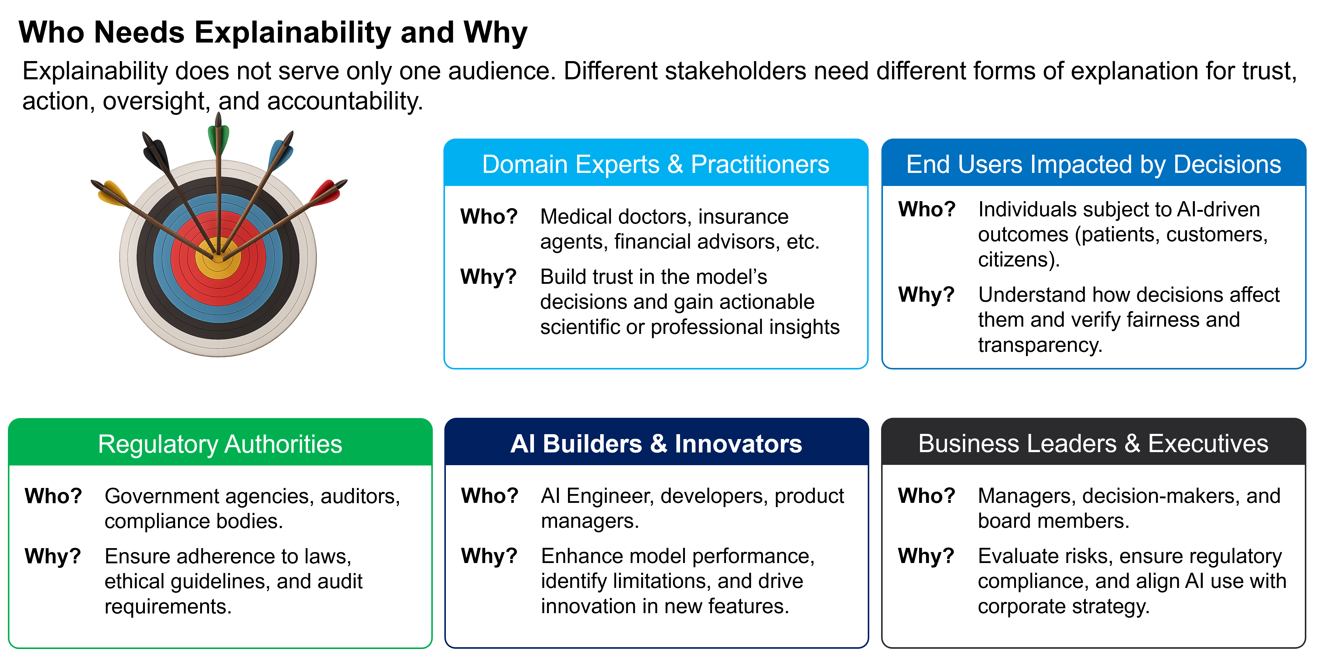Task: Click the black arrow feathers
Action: (x=156, y=152)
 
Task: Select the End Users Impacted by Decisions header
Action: (x=1093, y=165)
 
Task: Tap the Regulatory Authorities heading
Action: (x=220, y=444)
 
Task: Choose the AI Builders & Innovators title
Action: (x=656, y=444)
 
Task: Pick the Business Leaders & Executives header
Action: (x=1093, y=444)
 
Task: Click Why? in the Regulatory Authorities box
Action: (x=53, y=556)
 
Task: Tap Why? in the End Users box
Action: (x=926, y=295)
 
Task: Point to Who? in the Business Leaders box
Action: (x=926, y=496)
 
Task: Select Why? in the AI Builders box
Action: (x=489, y=556)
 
